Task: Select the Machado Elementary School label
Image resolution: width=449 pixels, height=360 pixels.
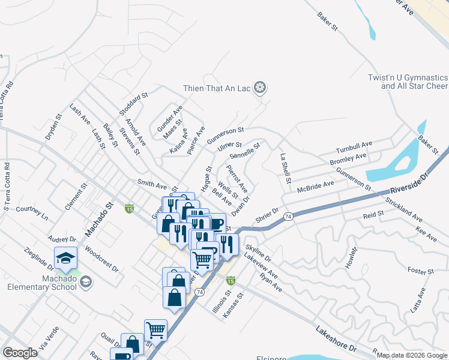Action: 42,282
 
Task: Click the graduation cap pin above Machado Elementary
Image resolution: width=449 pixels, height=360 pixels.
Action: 65,259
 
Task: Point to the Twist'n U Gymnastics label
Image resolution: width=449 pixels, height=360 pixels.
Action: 408,82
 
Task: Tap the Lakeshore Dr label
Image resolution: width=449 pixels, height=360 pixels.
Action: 336,340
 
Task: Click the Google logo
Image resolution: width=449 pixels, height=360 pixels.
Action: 20,353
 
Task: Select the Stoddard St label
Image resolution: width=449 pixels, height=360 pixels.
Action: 133,104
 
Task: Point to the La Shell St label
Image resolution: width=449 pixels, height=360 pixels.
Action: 286,168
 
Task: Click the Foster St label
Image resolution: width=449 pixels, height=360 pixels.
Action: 420,272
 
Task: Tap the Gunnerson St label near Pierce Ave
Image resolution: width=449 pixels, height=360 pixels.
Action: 225,135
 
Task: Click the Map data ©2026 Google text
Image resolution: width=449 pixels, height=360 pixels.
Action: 412,355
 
